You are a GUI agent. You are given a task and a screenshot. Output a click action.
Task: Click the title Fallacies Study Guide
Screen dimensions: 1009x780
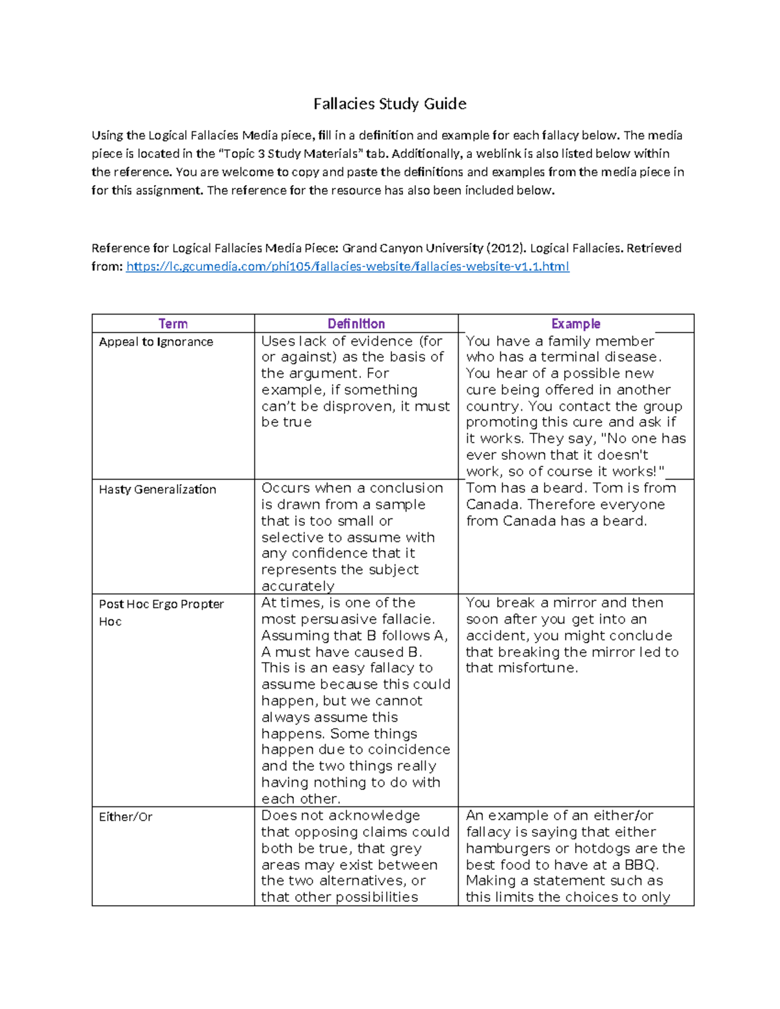tap(389, 104)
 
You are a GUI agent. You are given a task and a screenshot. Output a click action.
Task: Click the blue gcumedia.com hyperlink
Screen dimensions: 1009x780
tap(347, 266)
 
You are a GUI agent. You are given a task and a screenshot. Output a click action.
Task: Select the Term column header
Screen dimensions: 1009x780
tap(173, 324)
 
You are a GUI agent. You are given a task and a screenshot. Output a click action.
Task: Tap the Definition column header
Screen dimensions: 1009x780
tap(356, 324)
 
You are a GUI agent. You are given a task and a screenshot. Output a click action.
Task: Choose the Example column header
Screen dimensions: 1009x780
tap(575, 324)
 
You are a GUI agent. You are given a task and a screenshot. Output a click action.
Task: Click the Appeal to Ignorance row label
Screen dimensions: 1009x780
tap(156, 342)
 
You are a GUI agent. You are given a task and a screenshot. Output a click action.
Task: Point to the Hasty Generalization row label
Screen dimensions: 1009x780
tap(157, 489)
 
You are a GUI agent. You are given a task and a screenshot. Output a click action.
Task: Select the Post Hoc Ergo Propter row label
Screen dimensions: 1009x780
tap(161, 604)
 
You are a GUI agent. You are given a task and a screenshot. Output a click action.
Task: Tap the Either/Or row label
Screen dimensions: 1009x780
tap(125, 817)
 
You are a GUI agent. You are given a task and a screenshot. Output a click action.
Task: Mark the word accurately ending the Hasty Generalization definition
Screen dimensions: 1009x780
tap(298, 586)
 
